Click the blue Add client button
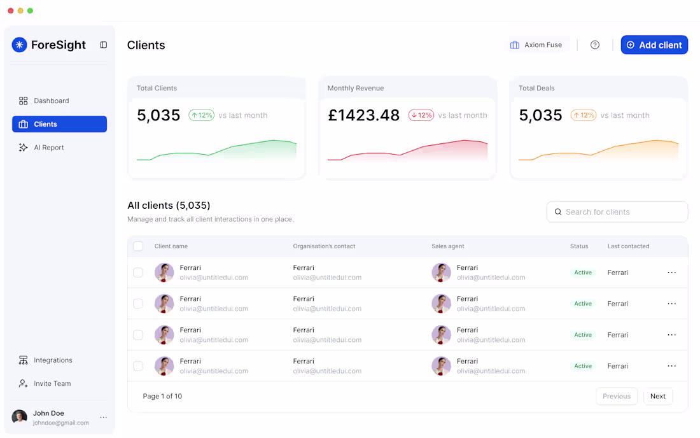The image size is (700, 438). (x=654, y=45)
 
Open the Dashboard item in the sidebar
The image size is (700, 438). (x=51, y=101)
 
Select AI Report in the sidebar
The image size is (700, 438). (x=48, y=148)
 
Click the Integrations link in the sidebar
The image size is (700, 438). (x=52, y=360)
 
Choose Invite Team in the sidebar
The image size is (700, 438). (x=52, y=384)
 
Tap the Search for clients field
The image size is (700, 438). (x=617, y=212)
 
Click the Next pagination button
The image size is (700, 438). (x=657, y=396)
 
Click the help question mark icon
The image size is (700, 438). (x=595, y=45)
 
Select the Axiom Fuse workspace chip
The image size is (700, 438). (x=536, y=45)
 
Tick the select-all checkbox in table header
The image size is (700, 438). (x=138, y=246)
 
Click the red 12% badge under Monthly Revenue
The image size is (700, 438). (x=421, y=115)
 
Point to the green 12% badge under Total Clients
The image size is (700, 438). (x=201, y=115)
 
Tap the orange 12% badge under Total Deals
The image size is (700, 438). (x=583, y=115)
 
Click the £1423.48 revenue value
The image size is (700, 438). (x=363, y=115)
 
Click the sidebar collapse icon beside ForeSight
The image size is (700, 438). (x=104, y=45)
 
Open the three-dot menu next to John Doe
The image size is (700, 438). (x=104, y=418)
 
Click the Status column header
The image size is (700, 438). (x=579, y=246)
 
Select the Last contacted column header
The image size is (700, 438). (x=628, y=246)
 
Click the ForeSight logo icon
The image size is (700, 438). (x=20, y=45)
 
